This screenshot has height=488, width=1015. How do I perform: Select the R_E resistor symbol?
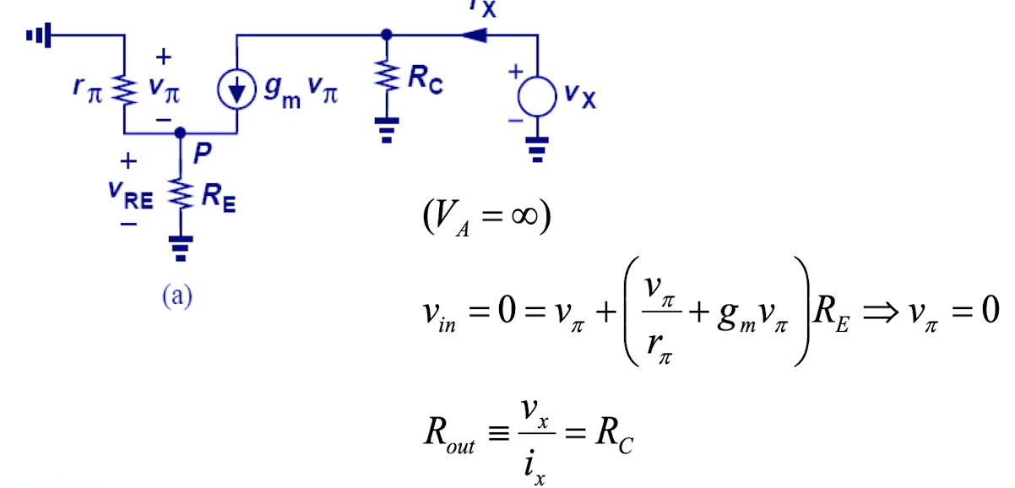point(180,196)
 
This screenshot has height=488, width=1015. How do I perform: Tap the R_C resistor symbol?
point(387,79)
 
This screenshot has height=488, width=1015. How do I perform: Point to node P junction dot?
point(180,133)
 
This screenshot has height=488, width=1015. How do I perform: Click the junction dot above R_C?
point(387,35)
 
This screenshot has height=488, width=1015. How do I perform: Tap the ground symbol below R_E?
point(180,242)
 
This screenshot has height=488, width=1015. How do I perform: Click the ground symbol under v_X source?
point(538,151)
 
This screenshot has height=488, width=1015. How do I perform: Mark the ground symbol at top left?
point(38,35)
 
